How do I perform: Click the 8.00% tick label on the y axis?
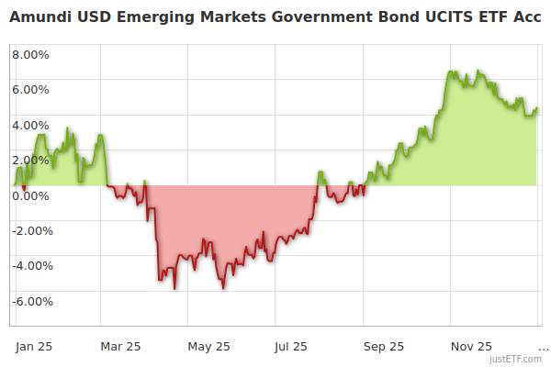click(x=30, y=54)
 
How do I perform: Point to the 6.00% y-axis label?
click(x=30, y=90)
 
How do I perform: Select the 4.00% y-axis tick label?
click(x=30, y=125)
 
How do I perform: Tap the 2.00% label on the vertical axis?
click(x=30, y=160)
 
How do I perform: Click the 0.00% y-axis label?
click(x=30, y=195)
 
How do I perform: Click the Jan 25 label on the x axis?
click(x=34, y=347)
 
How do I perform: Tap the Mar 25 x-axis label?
click(x=120, y=347)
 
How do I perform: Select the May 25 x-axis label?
click(x=208, y=347)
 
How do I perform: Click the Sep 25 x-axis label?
click(x=384, y=347)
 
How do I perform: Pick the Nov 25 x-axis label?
click(x=472, y=347)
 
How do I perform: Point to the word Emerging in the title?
click(x=150, y=17)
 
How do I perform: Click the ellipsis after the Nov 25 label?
click(x=543, y=349)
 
